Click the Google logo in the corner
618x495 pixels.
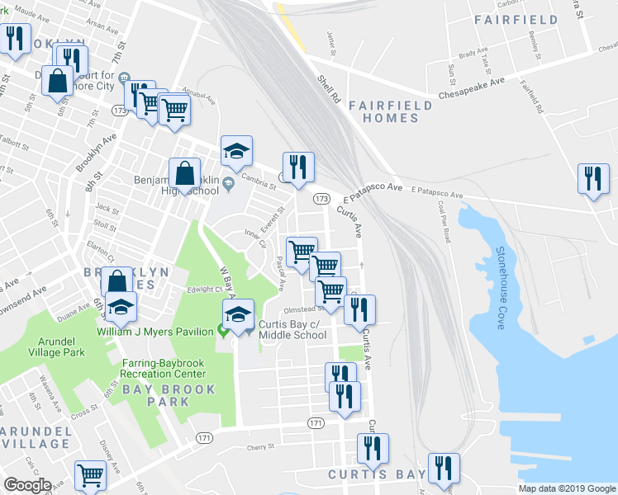27,486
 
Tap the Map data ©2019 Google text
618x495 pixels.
567,488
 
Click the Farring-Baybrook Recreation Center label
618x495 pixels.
169,369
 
